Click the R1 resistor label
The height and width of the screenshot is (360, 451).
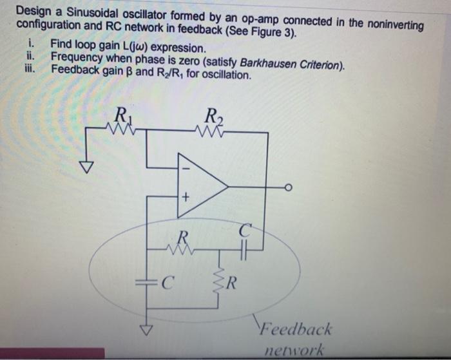tap(120, 118)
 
